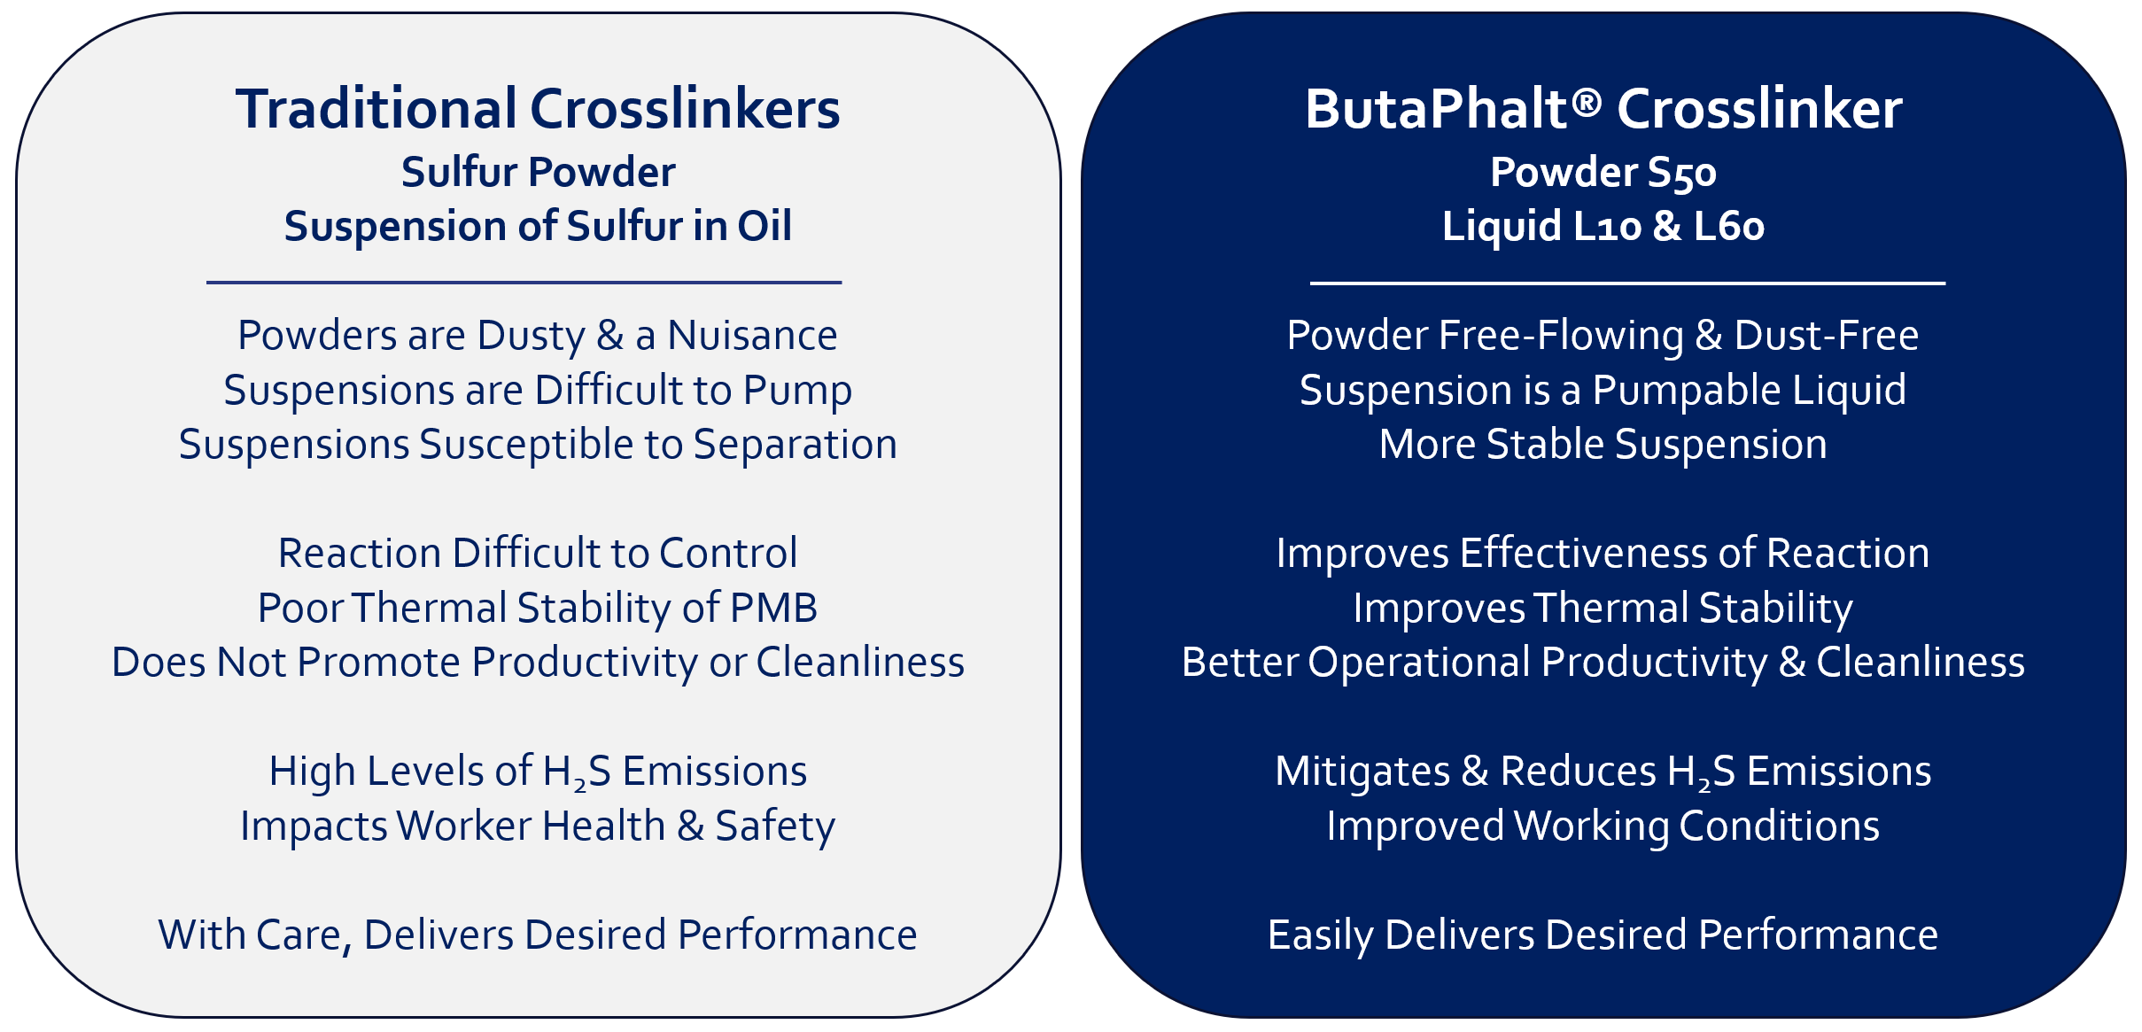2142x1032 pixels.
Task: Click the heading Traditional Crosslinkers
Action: pyautogui.click(x=537, y=109)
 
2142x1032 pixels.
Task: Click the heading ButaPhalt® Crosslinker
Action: pyautogui.click(x=1603, y=109)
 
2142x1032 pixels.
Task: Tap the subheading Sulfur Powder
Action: pyautogui.click(x=538, y=172)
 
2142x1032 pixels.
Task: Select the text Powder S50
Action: pyautogui.click(x=1603, y=172)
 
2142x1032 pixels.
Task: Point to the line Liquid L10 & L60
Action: pyautogui.click(x=1603, y=226)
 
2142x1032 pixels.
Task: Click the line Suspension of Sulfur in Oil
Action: pyautogui.click(x=538, y=226)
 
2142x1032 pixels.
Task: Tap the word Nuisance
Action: pyautogui.click(x=752, y=336)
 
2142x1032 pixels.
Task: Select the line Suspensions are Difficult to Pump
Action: pyautogui.click(x=538, y=391)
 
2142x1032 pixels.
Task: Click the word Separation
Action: pyautogui.click(x=795, y=445)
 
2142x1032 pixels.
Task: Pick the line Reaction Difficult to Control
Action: pyautogui.click(x=538, y=554)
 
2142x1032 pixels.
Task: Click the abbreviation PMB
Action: pyautogui.click(x=773, y=609)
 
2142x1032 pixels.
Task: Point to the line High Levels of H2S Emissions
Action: pyautogui.click(x=538, y=772)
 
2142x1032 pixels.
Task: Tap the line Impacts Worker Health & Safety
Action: pyautogui.click(x=538, y=826)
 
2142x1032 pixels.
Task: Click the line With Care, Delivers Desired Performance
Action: pyautogui.click(x=538, y=935)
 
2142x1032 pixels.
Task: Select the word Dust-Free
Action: pyautogui.click(x=1827, y=336)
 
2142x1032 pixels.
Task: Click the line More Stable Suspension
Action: pyautogui.click(x=1603, y=445)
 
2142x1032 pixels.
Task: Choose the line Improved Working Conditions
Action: pyautogui.click(x=1603, y=826)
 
